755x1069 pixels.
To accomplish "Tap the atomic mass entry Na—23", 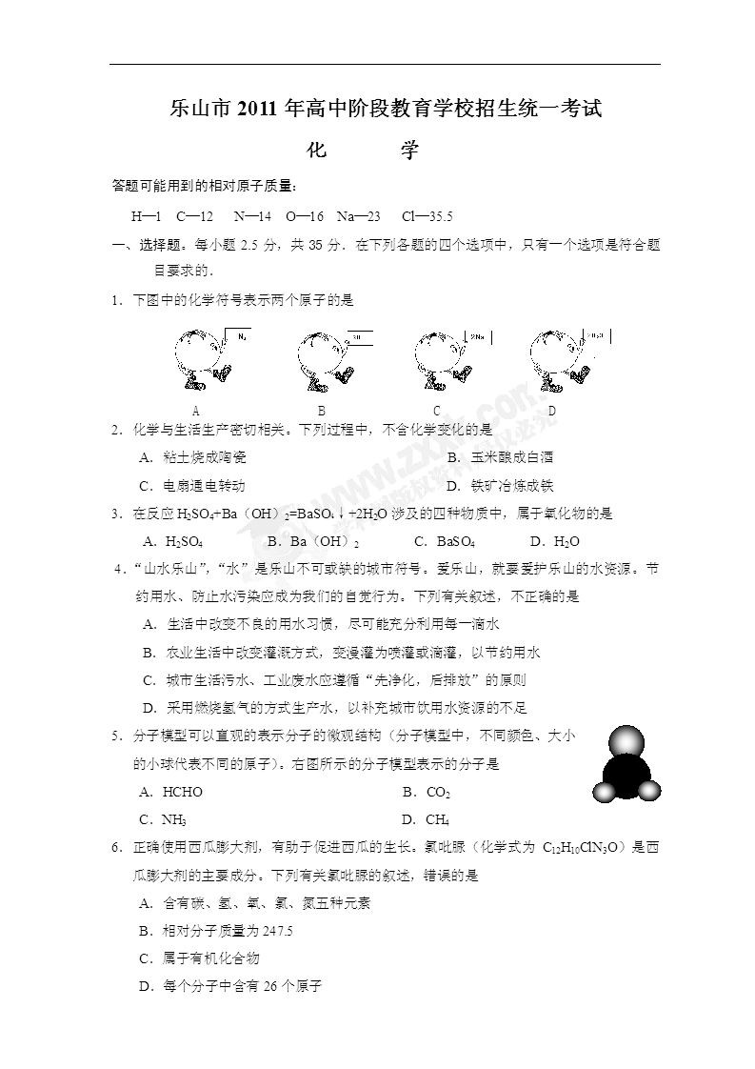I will coord(361,216).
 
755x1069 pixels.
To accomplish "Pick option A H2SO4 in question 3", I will coord(172,542).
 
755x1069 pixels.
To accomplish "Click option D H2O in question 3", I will coord(556,542).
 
